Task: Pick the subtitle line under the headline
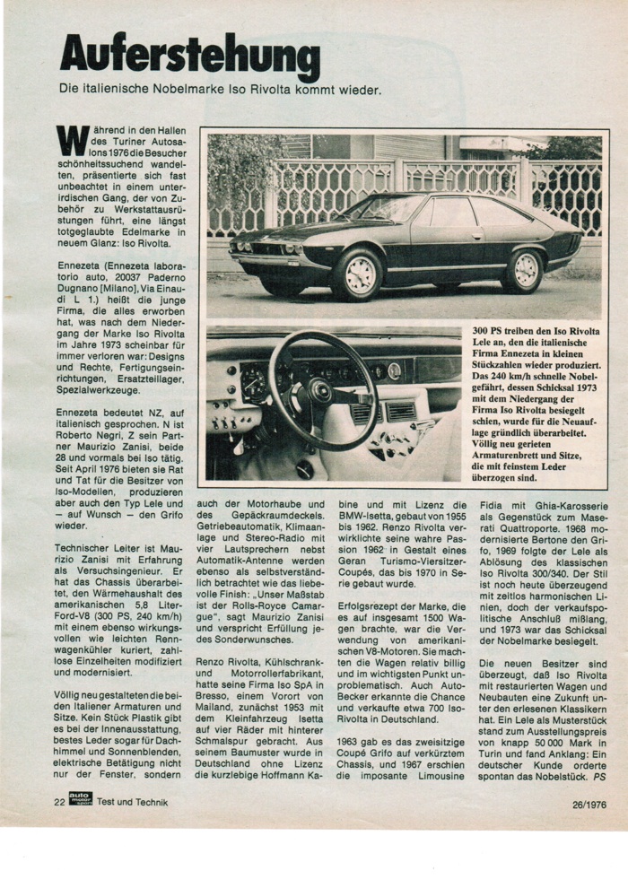(220, 91)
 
